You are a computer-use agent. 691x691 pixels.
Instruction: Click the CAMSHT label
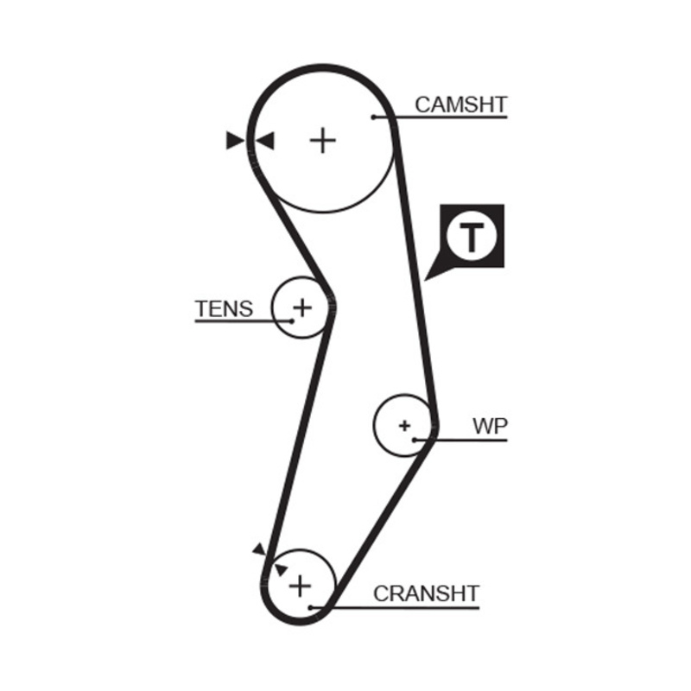click(460, 105)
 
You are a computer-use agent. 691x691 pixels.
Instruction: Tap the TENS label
click(224, 308)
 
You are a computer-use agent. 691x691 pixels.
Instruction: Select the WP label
click(491, 426)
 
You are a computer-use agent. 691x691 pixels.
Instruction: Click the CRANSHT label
click(426, 593)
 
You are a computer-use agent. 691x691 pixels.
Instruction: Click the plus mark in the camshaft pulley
click(323, 140)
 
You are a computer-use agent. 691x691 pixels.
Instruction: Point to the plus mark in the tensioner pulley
click(301, 307)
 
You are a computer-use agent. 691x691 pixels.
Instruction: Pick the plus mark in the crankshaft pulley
click(299, 586)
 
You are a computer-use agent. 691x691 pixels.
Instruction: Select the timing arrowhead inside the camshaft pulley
click(264, 140)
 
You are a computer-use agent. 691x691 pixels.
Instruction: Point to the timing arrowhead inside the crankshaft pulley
click(280, 568)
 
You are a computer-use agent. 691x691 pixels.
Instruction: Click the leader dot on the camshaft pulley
click(373, 117)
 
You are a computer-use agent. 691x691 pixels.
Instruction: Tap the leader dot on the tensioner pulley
click(292, 320)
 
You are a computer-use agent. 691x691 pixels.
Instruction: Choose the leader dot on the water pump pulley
click(415, 440)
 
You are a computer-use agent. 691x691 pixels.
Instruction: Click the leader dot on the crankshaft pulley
click(311, 607)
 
